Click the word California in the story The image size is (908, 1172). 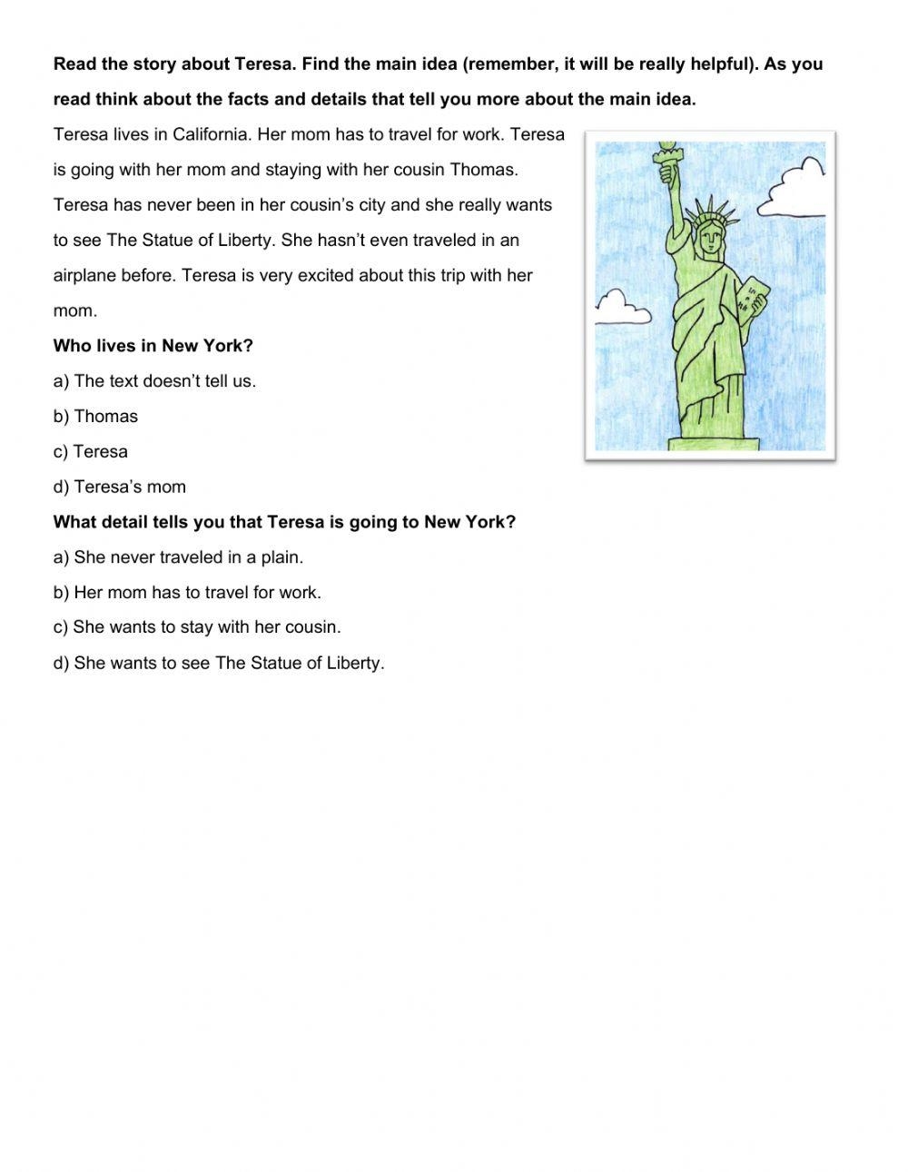pyautogui.click(x=210, y=134)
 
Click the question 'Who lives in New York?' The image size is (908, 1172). pyautogui.click(x=153, y=346)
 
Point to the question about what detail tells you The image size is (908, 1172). pyautogui.click(x=284, y=523)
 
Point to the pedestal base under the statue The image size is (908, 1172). pyautogui.click(x=713, y=444)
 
